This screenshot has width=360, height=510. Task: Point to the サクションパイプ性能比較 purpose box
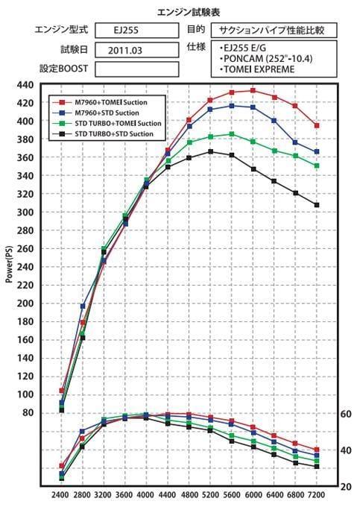tap(273, 31)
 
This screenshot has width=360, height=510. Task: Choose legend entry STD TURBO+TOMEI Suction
tap(110, 123)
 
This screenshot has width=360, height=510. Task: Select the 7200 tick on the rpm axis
tap(317, 494)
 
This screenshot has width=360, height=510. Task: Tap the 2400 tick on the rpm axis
tap(61, 494)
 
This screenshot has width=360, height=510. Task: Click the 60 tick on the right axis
tap(345, 414)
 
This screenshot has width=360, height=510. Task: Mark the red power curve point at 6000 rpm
tap(253, 90)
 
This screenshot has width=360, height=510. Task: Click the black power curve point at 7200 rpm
tap(317, 205)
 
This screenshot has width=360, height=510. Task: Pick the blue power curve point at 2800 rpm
tap(83, 306)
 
